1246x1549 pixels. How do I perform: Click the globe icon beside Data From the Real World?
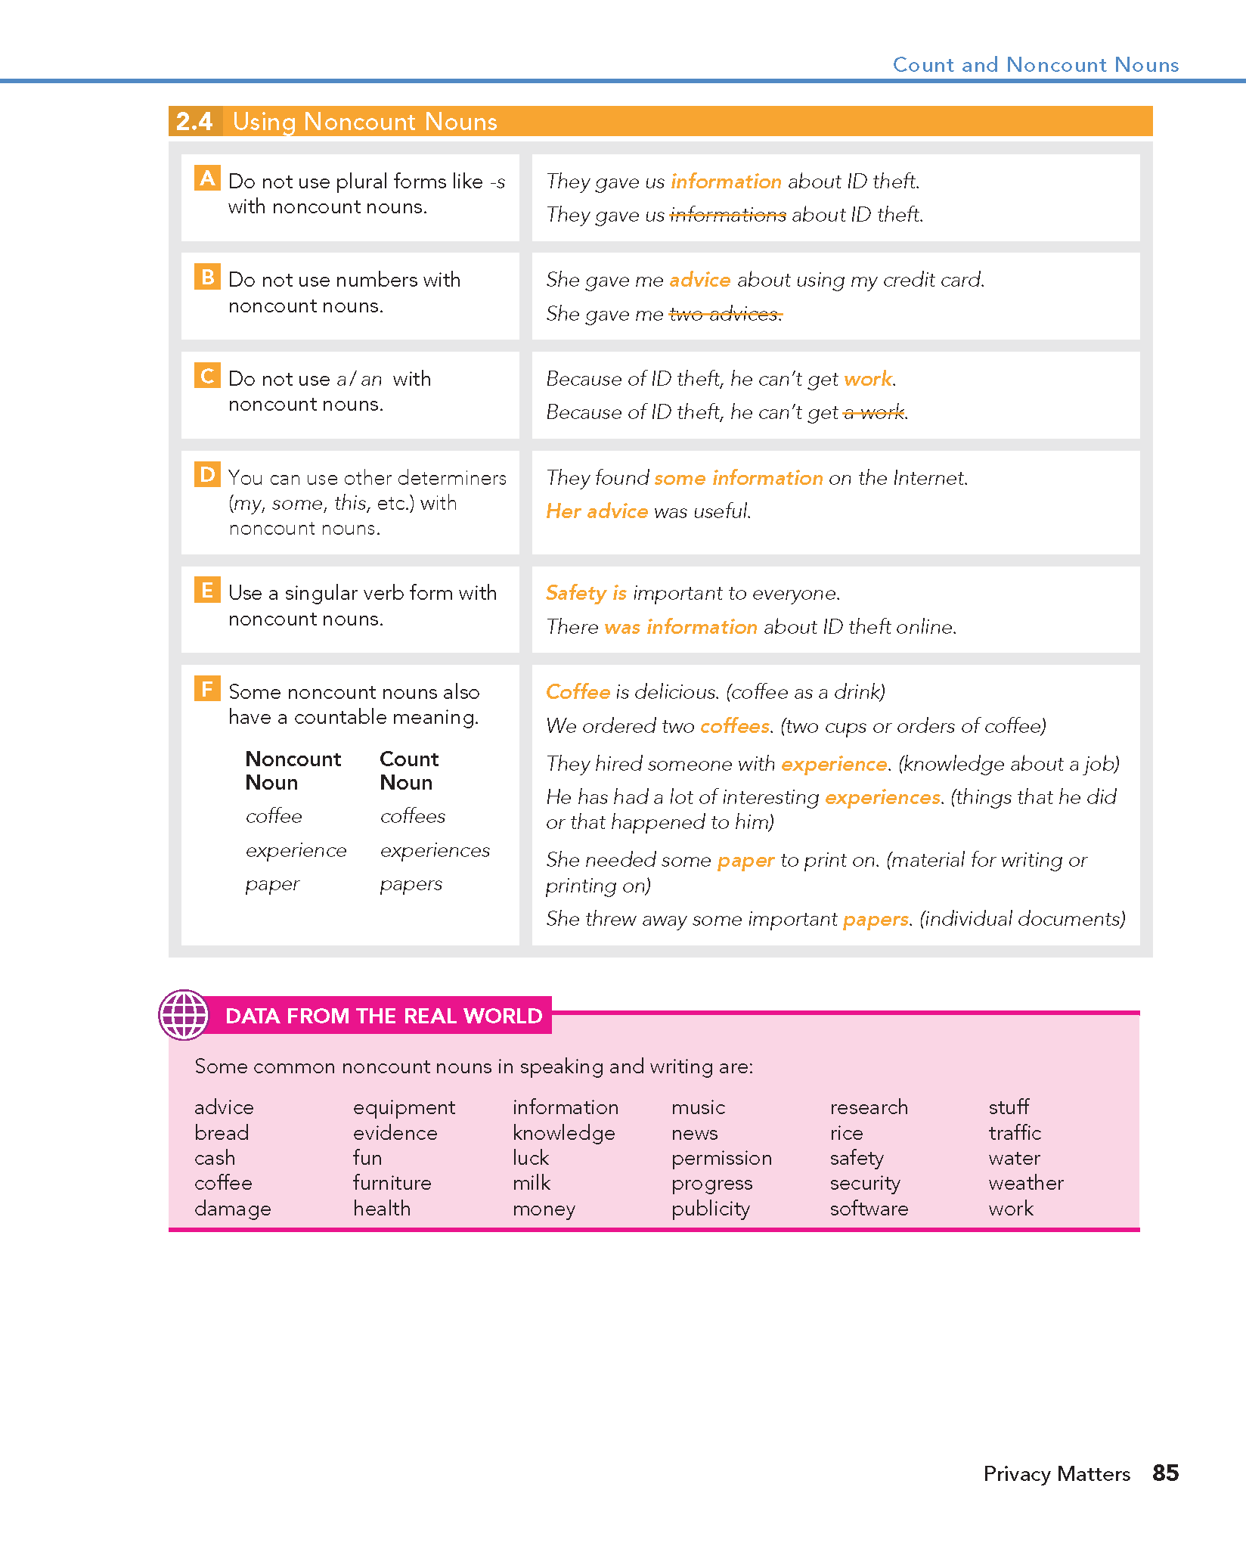pyautogui.click(x=183, y=1015)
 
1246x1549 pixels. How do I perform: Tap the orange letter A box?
pyautogui.click(x=207, y=178)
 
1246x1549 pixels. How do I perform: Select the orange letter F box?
pyautogui.click(x=207, y=688)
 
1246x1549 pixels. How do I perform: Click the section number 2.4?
pyautogui.click(x=195, y=122)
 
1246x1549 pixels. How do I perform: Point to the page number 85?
pyautogui.click(x=1165, y=1472)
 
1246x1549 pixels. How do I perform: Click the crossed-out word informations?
pyautogui.click(x=728, y=216)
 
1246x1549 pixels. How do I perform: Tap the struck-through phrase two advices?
pyautogui.click(x=725, y=314)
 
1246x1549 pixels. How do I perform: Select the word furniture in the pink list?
pyautogui.click(x=392, y=1183)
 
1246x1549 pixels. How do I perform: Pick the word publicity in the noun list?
pyautogui.click(x=710, y=1209)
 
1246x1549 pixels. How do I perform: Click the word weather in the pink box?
pyautogui.click(x=1025, y=1183)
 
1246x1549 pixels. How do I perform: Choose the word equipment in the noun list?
pyautogui.click(x=404, y=1108)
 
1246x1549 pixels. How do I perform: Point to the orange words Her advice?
pyautogui.click(x=597, y=511)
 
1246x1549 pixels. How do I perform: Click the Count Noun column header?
pyautogui.click(x=408, y=770)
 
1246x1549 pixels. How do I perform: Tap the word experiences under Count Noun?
pyautogui.click(x=435, y=850)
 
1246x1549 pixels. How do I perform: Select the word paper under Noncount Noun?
pyautogui.click(x=272, y=884)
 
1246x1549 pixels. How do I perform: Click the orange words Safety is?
pyautogui.click(x=586, y=593)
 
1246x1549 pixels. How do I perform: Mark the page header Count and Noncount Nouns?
pyautogui.click(x=1035, y=65)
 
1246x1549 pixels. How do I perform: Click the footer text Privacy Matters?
pyautogui.click(x=1056, y=1473)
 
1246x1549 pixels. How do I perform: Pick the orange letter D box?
pyautogui.click(x=207, y=474)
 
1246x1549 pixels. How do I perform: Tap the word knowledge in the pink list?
pyautogui.click(x=563, y=1133)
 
